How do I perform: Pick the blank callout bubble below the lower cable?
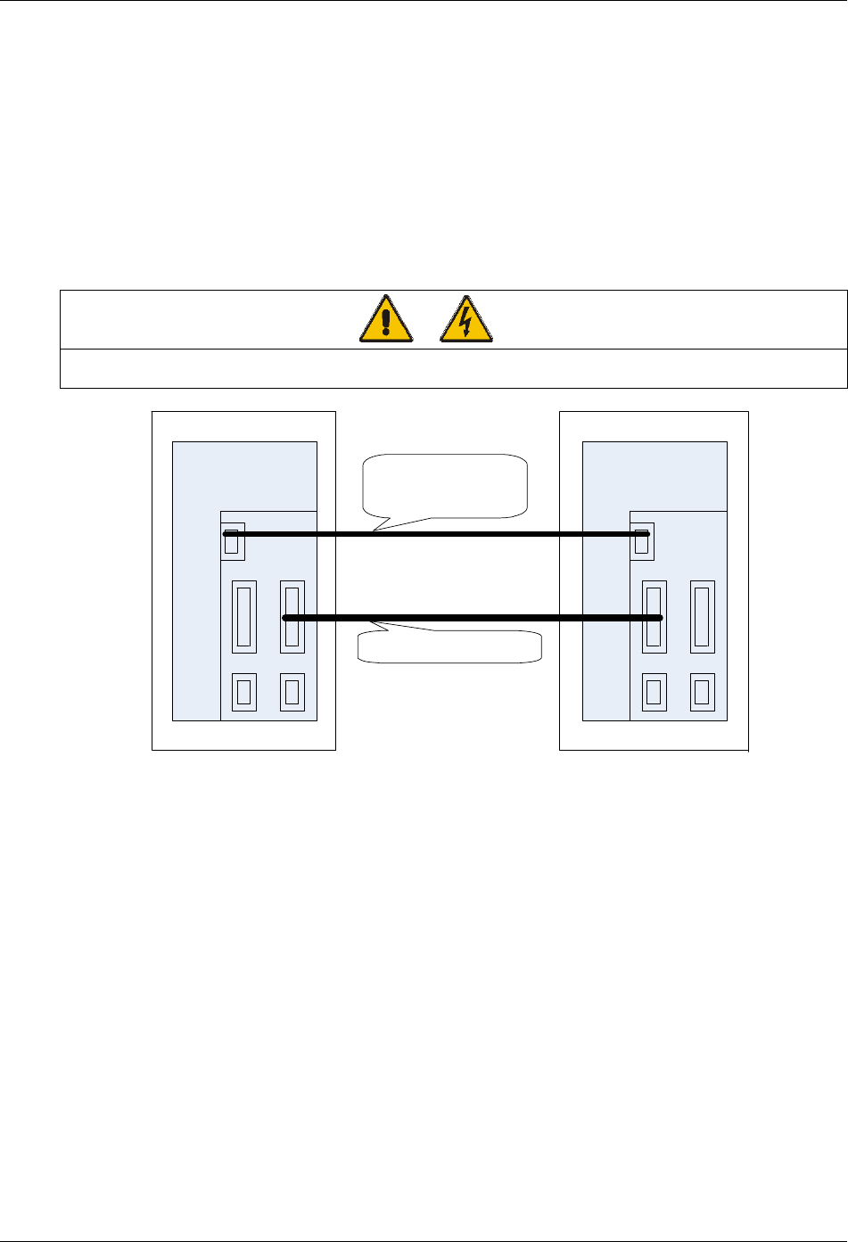click(449, 646)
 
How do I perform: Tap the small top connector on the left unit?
click(232, 541)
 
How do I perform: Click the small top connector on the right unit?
click(641, 541)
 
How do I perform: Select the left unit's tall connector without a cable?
click(243, 616)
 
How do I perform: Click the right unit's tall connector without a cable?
click(703, 616)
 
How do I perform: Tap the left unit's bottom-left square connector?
click(243, 692)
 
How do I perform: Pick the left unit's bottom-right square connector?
click(292, 692)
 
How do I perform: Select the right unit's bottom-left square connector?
click(654, 692)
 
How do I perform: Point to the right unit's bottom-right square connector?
click(702, 692)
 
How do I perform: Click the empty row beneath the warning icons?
click(453, 368)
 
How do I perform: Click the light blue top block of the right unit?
click(654, 475)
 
